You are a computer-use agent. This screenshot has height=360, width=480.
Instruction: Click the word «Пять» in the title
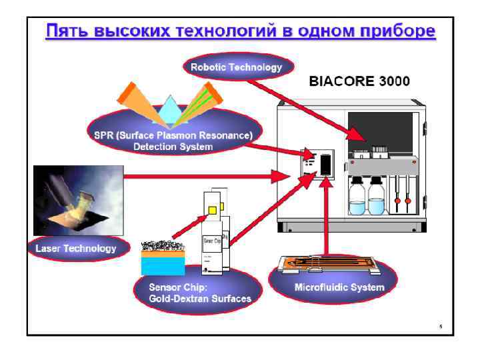tap(64, 31)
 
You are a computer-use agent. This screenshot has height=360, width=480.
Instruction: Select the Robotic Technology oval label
tap(236, 67)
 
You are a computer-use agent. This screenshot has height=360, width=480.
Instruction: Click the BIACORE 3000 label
tap(359, 81)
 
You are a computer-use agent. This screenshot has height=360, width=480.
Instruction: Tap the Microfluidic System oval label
tap(339, 287)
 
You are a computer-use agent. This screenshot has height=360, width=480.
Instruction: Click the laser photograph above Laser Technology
tap(78, 200)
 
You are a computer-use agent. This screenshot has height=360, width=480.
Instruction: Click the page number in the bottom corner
tap(441, 327)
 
